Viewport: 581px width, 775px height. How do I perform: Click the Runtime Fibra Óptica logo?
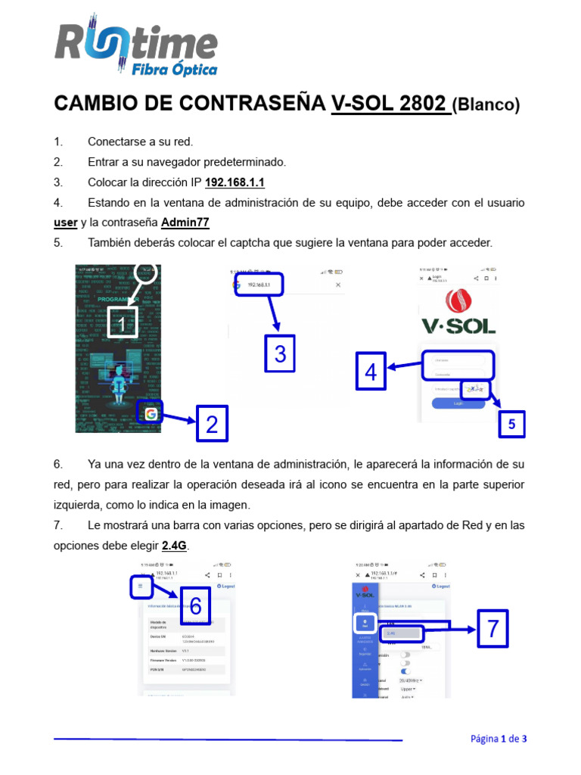[136, 47]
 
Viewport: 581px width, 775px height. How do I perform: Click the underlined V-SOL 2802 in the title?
[388, 104]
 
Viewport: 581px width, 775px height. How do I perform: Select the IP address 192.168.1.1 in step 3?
[235, 183]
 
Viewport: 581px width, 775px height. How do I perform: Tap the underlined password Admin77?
[185, 223]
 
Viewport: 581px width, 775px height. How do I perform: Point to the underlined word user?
[66, 223]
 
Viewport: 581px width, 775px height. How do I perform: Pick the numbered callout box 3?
[280, 353]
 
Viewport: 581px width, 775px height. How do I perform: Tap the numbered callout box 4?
[371, 372]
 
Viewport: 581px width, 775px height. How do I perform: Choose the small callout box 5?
[511, 425]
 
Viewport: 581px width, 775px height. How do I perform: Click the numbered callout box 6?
[195, 605]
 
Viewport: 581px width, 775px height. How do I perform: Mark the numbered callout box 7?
[492, 628]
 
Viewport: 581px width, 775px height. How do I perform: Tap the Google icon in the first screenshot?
[151, 413]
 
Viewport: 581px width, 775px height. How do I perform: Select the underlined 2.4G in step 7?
[174, 545]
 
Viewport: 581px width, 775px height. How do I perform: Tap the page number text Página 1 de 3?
[499, 739]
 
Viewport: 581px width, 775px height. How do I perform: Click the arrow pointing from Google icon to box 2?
[179, 418]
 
